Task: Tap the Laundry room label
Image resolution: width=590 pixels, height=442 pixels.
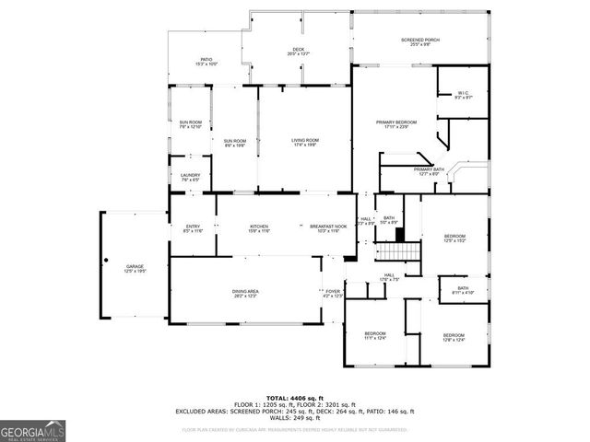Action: coord(191,177)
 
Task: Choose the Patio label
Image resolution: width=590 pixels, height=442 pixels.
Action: coord(206,60)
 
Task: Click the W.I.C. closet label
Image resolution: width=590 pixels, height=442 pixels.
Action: coord(464,94)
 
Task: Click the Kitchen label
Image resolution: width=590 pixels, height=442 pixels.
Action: coord(259,228)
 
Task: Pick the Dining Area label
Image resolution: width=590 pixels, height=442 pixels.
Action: coord(245,293)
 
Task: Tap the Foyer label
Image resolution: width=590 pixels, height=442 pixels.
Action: coord(333,293)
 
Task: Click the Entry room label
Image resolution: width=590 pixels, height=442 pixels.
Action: coord(193,228)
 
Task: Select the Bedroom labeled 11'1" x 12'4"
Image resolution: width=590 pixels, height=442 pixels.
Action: coord(374,335)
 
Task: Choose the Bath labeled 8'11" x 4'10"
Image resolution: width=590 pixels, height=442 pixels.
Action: coord(463,291)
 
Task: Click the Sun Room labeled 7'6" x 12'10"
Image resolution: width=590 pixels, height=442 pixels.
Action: coord(191,124)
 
